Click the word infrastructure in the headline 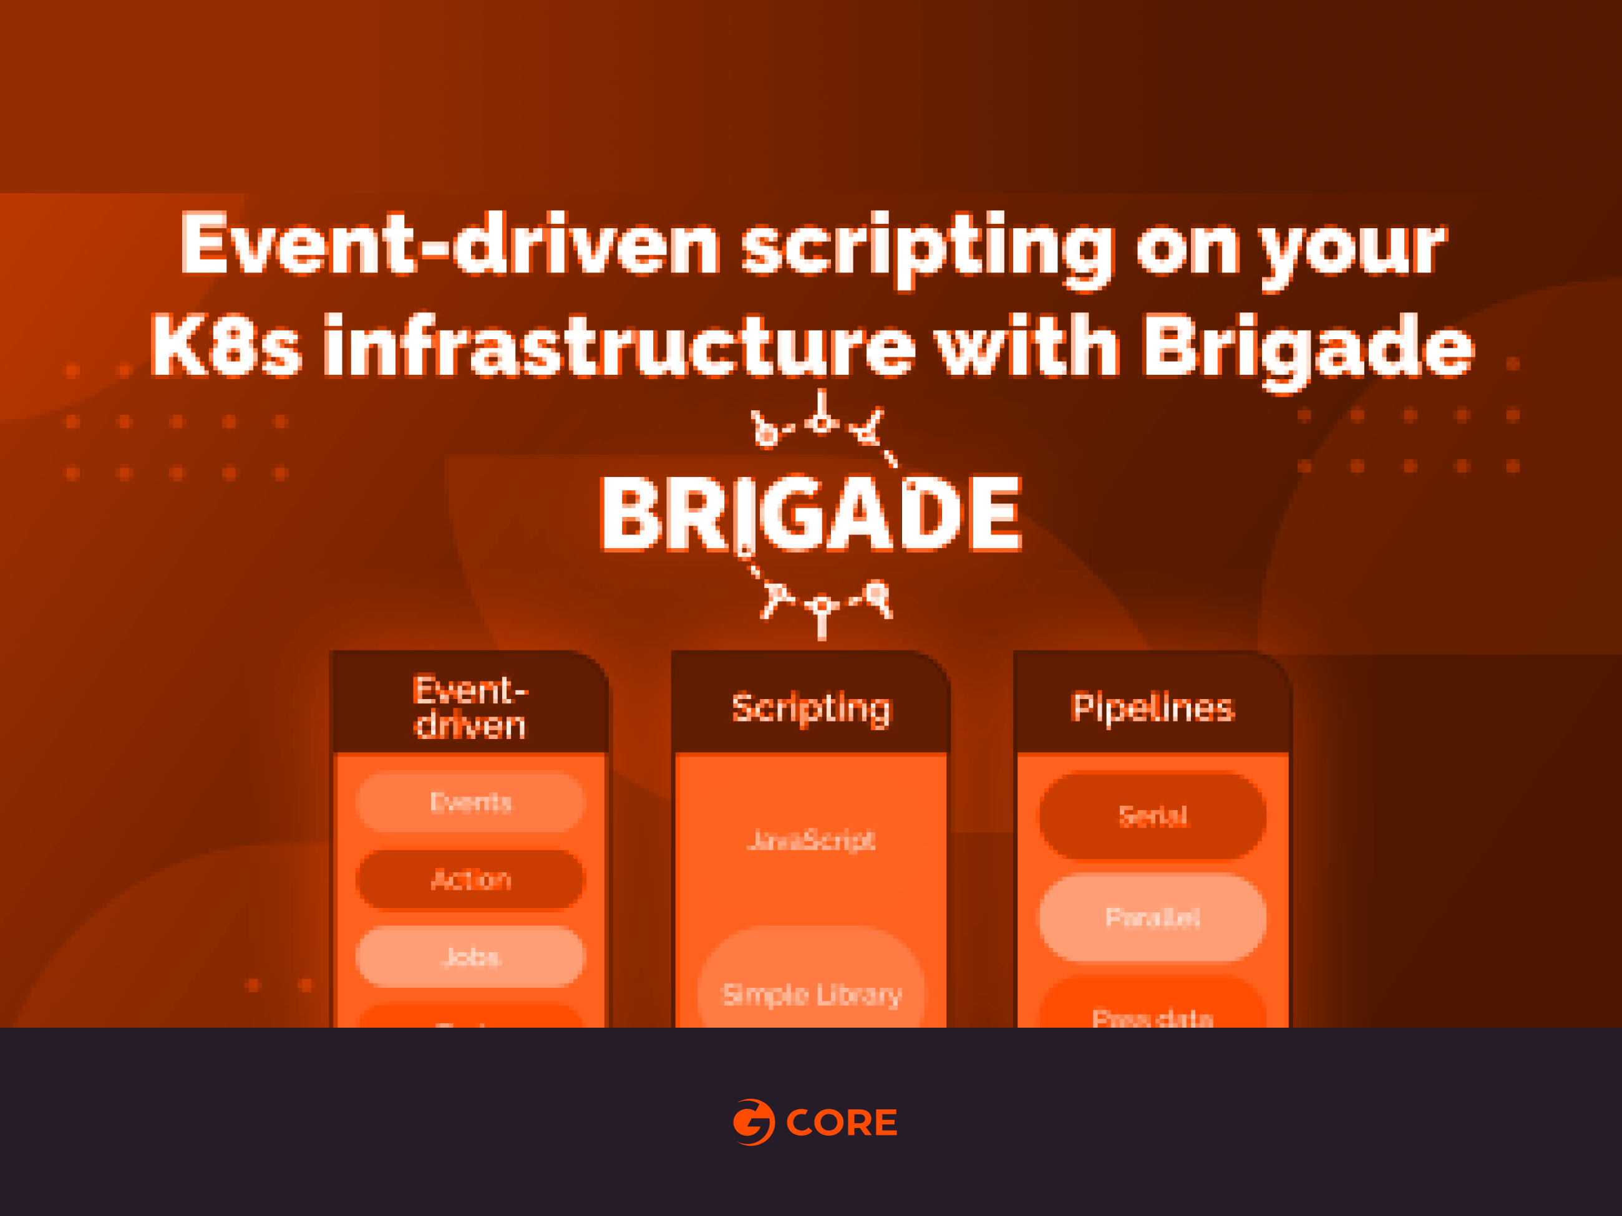(x=619, y=346)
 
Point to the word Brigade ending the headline (x=1308, y=348)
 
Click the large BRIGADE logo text (x=811, y=514)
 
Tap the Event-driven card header (x=470, y=707)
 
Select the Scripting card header (x=811, y=708)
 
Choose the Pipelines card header (x=1152, y=708)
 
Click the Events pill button (x=470, y=803)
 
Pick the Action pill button (x=470, y=879)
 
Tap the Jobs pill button (x=470, y=956)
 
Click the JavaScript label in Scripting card (x=811, y=840)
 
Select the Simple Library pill (x=811, y=994)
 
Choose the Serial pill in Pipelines (x=1152, y=816)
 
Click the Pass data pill (x=1152, y=1015)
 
